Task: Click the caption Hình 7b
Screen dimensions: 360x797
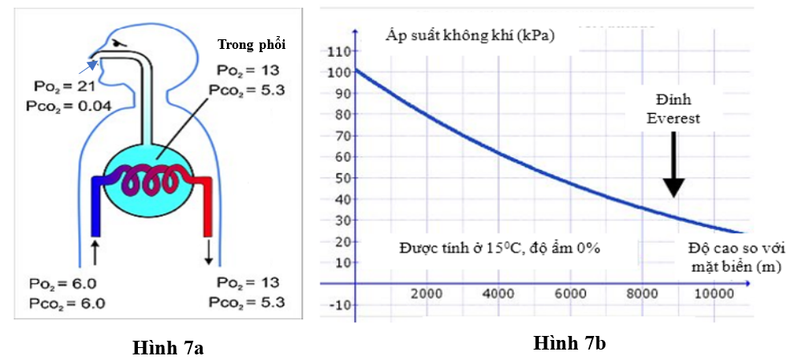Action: pyautogui.click(x=569, y=344)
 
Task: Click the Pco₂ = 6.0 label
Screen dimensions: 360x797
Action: pyautogui.click(x=66, y=302)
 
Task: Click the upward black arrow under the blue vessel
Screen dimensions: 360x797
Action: pyautogui.click(x=95, y=249)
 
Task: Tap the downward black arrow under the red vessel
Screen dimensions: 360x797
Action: pyautogui.click(x=209, y=252)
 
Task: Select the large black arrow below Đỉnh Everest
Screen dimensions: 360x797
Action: pyautogui.click(x=674, y=164)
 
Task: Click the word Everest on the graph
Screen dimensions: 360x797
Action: pyautogui.click(x=674, y=119)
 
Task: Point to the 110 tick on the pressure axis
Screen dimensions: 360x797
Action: pyautogui.click(x=340, y=51)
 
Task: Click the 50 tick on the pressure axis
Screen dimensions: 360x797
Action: pyautogui.click(x=343, y=178)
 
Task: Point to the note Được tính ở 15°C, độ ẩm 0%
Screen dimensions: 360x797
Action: pyautogui.click(x=500, y=248)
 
